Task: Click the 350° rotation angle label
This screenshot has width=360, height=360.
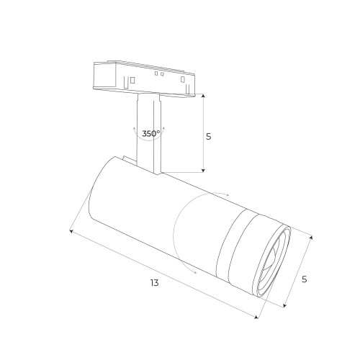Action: tap(150, 133)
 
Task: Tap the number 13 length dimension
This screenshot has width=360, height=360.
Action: tap(153, 283)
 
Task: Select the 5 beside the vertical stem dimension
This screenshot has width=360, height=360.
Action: tap(209, 136)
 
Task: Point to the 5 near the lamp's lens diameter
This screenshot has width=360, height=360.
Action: tap(305, 279)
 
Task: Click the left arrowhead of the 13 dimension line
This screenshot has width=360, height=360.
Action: tap(71, 230)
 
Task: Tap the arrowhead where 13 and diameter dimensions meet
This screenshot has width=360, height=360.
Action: tap(258, 317)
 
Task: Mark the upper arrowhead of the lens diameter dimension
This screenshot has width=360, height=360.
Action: tap(311, 237)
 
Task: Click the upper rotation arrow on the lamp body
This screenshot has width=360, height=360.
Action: tap(225, 194)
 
